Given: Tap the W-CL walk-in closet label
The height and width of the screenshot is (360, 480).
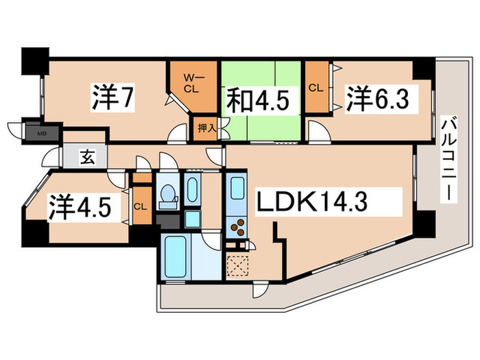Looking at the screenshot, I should click(192, 82).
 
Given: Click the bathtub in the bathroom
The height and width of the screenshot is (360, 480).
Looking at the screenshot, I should click(175, 257).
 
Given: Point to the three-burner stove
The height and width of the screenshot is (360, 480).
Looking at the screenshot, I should click(237, 227).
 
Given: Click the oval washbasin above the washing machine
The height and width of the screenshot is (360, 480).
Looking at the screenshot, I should click(193, 189).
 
